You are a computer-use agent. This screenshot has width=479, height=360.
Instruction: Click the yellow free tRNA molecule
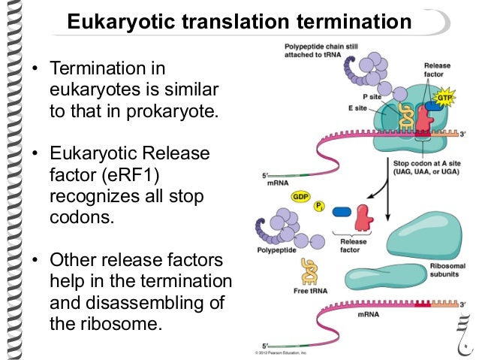[309, 270]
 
